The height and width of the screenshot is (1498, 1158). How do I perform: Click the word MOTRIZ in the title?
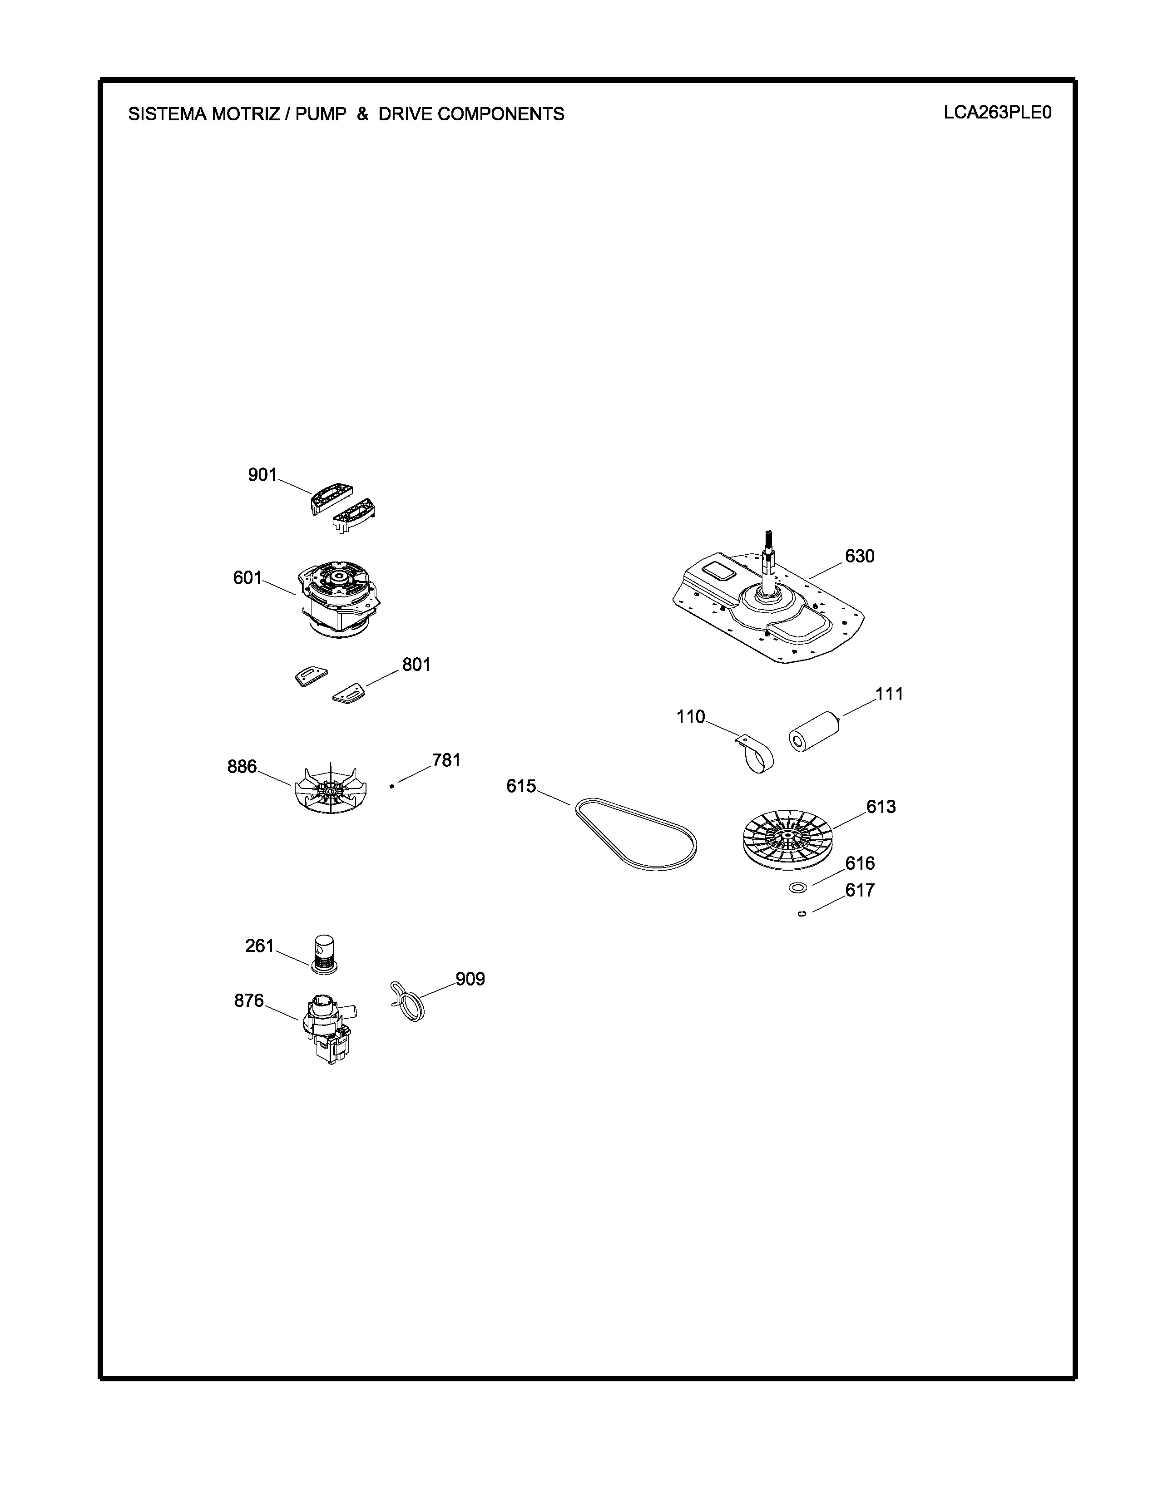coord(243,114)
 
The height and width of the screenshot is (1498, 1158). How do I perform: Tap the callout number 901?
coord(262,475)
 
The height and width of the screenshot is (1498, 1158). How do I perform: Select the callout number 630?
coord(860,556)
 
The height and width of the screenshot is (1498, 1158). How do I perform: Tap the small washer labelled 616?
coord(797,888)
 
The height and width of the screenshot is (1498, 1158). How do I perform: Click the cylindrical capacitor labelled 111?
coord(815,732)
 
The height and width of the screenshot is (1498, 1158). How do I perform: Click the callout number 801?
coord(416,665)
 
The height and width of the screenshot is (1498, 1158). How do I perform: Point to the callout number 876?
coord(249,1001)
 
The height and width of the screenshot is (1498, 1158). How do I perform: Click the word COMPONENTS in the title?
coord(501,114)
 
